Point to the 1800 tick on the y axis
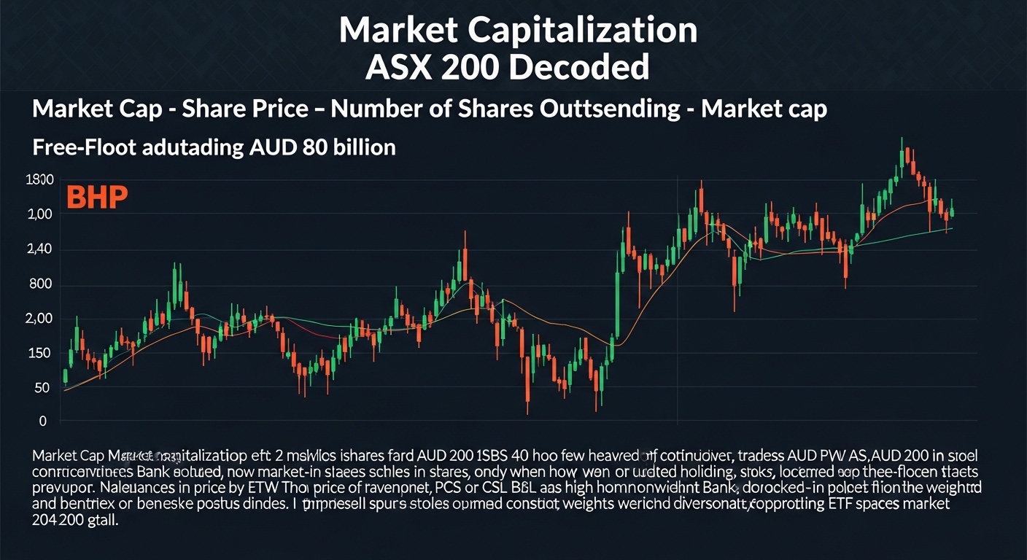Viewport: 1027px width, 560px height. tap(39, 180)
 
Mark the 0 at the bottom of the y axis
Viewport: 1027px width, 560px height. tap(43, 421)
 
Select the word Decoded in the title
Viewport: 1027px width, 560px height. tap(576, 67)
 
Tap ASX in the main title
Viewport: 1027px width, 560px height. tap(396, 67)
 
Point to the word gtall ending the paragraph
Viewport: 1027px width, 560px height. tap(102, 521)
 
